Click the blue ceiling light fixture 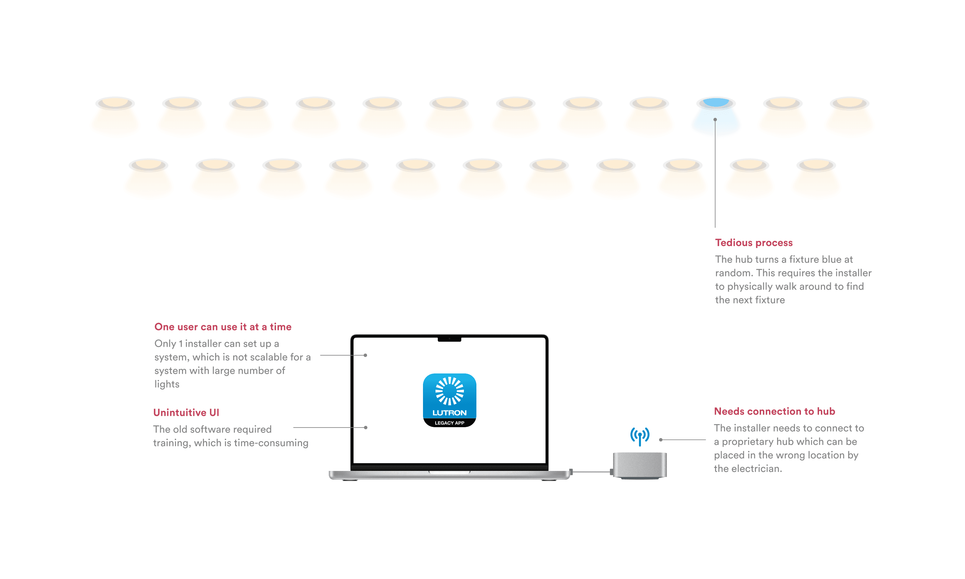pos(716,103)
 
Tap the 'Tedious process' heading pos(754,243)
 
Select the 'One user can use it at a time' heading pos(223,327)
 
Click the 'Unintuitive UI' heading pos(186,412)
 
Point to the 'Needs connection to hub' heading pos(774,411)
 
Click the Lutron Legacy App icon pos(449,400)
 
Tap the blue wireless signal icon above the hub pos(640,436)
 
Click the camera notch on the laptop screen pos(449,339)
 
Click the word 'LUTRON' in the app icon pos(449,413)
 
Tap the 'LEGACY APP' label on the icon pos(449,423)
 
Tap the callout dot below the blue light pos(715,120)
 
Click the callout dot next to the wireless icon pos(661,440)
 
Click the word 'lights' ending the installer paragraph pos(167,384)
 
